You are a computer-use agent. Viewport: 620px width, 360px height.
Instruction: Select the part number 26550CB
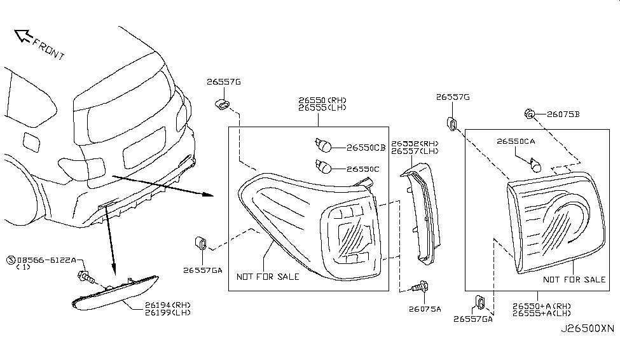click(x=366, y=148)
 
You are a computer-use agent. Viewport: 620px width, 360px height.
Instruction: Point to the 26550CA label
click(x=516, y=142)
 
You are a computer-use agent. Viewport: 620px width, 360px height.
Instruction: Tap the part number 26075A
click(x=424, y=310)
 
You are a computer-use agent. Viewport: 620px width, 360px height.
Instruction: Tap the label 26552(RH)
click(x=415, y=144)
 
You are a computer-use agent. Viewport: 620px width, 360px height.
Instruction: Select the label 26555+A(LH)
click(x=541, y=313)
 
